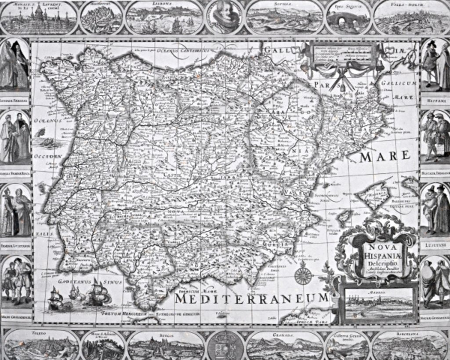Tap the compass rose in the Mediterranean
pos(303,276)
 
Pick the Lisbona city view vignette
pos(165,18)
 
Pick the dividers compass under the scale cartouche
pos(337,80)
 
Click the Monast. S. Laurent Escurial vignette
pos(39,18)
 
